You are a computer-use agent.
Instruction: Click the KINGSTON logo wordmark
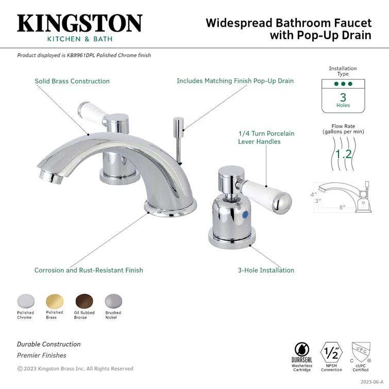tap(79, 24)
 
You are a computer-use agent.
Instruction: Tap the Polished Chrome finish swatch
tap(25, 301)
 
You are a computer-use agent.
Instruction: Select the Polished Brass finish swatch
tap(54, 301)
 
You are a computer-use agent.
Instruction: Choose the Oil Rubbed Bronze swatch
tap(83, 301)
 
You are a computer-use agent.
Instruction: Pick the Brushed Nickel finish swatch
tap(113, 301)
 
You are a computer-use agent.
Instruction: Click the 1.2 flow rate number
tap(344, 154)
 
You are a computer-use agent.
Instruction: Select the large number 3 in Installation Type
tap(343, 96)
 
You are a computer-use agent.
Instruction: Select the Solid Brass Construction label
tap(72, 81)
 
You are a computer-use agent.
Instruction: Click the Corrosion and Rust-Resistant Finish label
tap(89, 270)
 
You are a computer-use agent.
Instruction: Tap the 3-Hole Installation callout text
tap(266, 270)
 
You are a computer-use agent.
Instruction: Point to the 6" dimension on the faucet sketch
tap(343, 207)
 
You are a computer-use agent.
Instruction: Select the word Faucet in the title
tap(350, 23)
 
